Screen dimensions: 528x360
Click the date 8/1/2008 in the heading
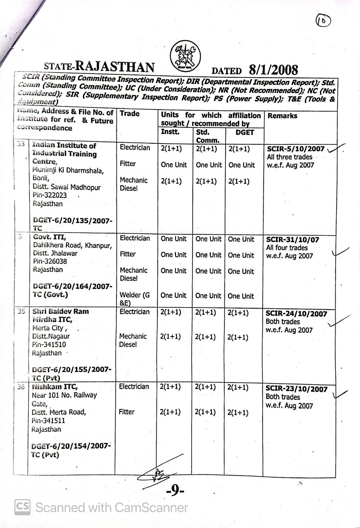pyautogui.click(x=273, y=70)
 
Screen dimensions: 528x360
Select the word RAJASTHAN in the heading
pyautogui.click(x=115, y=66)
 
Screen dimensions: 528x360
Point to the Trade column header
pyautogui.click(x=129, y=114)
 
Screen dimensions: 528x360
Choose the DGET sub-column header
pyautogui.click(x=245, y=132)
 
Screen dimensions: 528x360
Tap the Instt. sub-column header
pyautogui.click(x=170, y=132)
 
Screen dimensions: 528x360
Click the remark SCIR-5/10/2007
pyautogui.click(x=295, y=149)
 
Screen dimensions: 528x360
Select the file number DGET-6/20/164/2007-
pyautogui.click(x=73, y=286)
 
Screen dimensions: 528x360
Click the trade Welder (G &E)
pyautogui.click(x=134, y=299)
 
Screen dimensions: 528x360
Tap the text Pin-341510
pyautogui.click(x=49, y=345)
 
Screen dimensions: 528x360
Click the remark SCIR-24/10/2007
pyautogui.click(x=296, y=314)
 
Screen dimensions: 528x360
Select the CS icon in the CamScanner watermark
pyautogui.click(x=22, y=507)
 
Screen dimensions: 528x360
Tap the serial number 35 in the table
pyautogui.click(x=21, y=311)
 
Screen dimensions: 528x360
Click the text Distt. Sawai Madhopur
pyautogui.click(x=66, y=187)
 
